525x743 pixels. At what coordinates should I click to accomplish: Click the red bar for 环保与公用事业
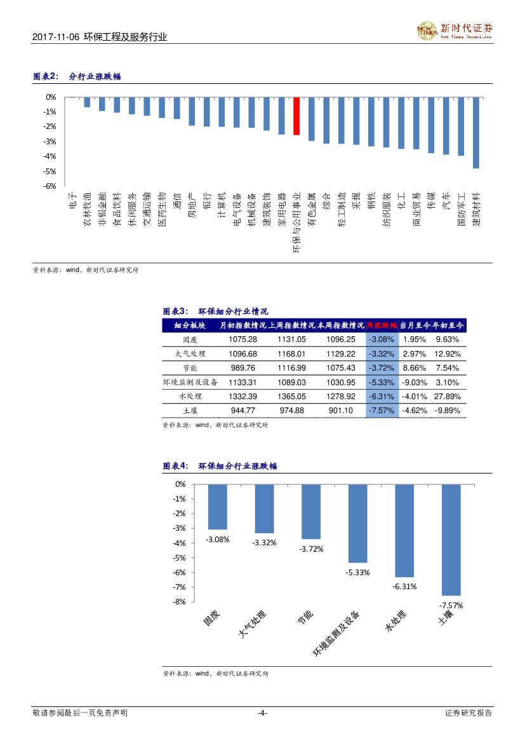point(296,116)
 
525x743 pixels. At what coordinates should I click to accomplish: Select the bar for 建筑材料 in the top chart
point(476,133)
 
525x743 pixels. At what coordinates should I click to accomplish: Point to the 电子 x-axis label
point(72,200)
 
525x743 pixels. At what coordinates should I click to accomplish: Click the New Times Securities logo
point(455,30)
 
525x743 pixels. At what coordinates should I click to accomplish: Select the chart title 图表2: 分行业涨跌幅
point(77,77)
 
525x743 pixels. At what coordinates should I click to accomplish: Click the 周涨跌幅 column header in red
point(382,325)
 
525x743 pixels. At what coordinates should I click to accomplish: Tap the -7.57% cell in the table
point(382,411)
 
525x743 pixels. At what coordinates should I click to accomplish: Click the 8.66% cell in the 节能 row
point(414,368)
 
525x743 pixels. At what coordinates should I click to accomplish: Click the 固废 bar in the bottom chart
point(218,507)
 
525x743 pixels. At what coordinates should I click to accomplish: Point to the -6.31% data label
point(404,587)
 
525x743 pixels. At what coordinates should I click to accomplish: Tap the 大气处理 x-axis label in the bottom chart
point(252,625)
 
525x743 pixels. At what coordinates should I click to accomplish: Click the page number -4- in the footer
point(262,713)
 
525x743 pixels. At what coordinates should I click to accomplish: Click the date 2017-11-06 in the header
point(56,37)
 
